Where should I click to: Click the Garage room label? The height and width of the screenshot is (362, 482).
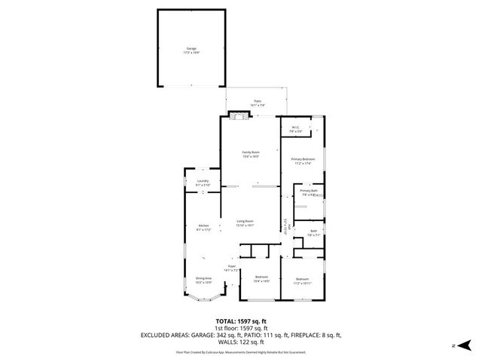click(x=191, y=50)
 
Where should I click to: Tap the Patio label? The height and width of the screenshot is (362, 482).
click(x=257, y=103)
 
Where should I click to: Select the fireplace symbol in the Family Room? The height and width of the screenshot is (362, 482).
click(x=237, y=116)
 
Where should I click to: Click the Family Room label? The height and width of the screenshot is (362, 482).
click(x=250, y=154)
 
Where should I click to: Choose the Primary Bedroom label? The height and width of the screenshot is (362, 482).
click(x=303, y=161)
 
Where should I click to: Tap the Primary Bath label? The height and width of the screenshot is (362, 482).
click(x=309, y=192)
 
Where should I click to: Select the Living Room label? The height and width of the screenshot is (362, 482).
click(x=245, y=222)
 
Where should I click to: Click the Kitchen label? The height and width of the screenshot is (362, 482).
click(x=203, y=227)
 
